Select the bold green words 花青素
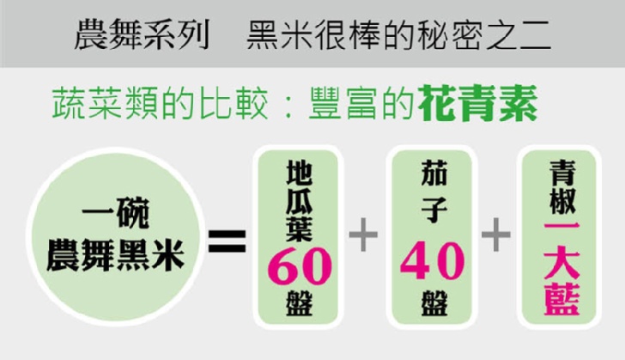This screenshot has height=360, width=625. click(x=478, y=107)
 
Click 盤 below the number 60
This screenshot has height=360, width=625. click(x=298, y=306)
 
